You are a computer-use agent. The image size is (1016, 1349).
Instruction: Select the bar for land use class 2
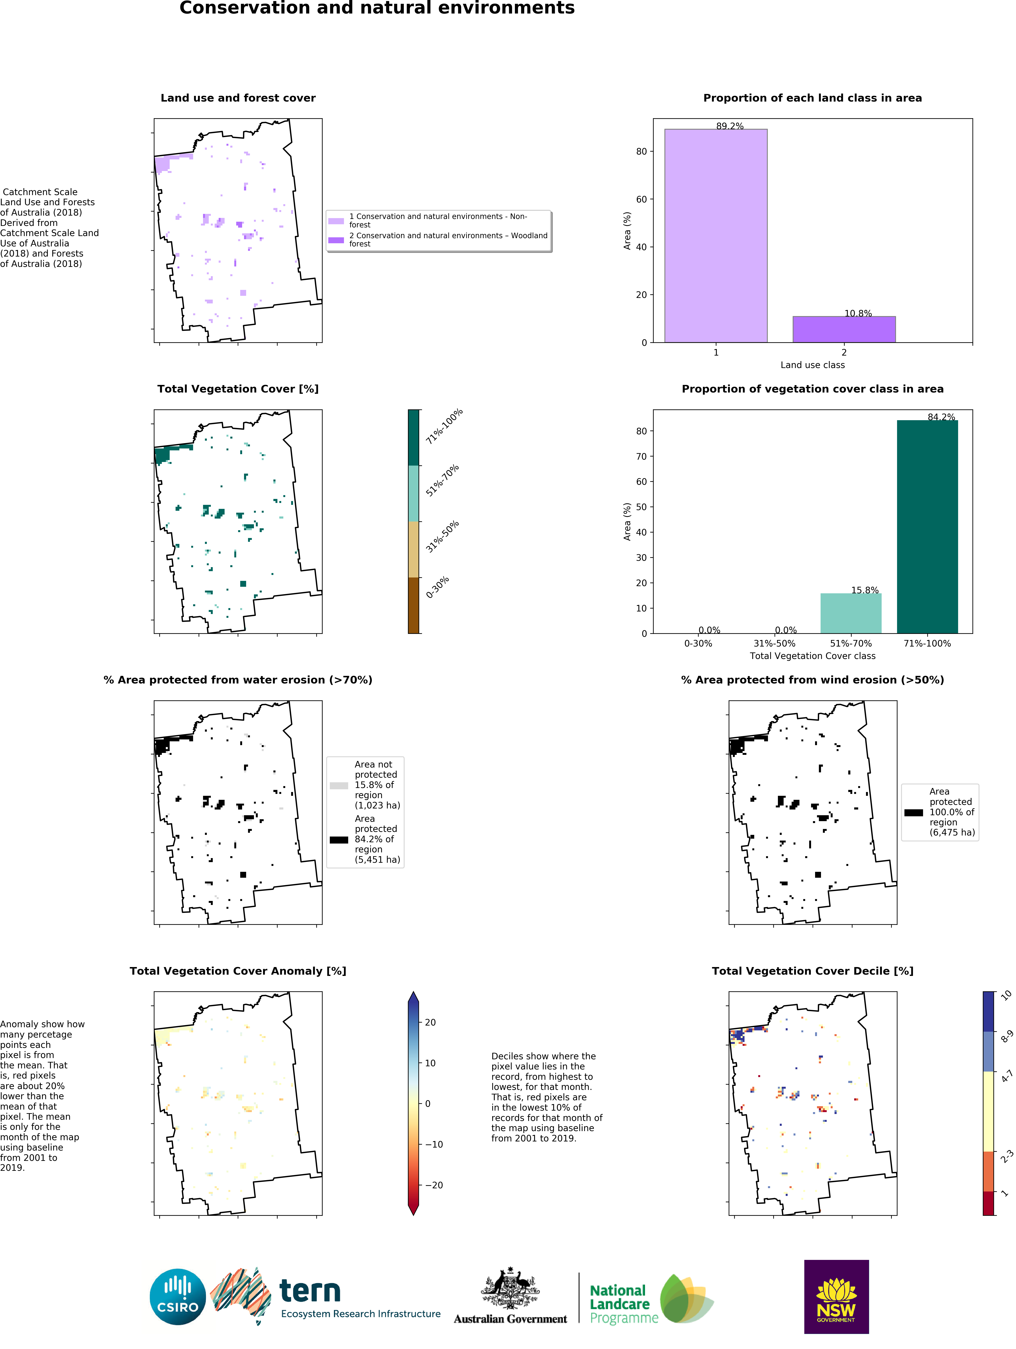click(844, 329)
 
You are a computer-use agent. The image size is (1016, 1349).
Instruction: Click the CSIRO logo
click(177, 1297)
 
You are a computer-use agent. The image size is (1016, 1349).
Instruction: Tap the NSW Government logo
click(836, 1297)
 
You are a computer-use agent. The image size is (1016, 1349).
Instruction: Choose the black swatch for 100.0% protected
click(914, 812)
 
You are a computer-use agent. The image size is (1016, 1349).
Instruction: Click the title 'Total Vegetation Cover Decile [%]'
click(812, 971)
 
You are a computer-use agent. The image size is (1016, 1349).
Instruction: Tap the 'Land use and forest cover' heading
click(238, 98)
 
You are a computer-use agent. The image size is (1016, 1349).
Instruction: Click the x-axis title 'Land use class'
click(812, 365)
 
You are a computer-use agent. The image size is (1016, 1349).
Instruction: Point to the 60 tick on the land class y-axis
click(641, 199)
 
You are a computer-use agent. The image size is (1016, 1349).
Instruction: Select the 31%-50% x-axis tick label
click(774, 643)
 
